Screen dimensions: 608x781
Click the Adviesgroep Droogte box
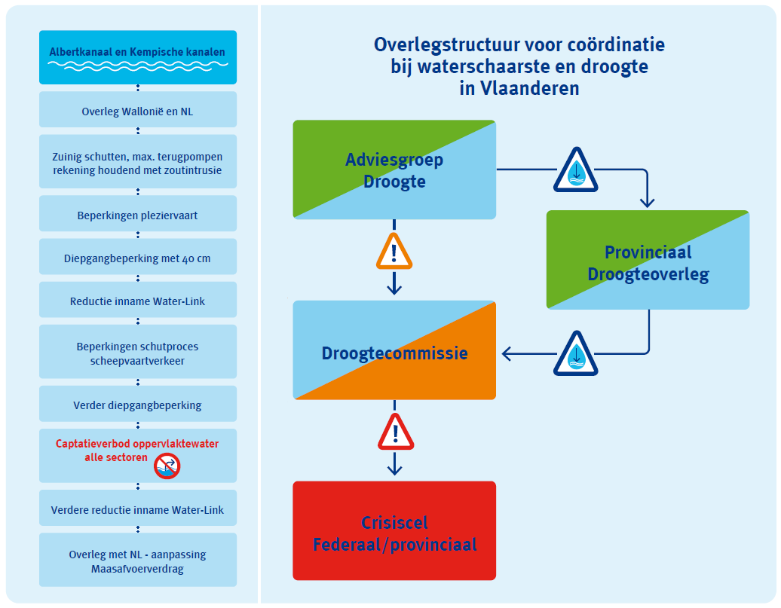point(394,170)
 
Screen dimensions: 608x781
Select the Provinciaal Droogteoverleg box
point(648,261)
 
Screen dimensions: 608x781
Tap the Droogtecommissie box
point(394,351)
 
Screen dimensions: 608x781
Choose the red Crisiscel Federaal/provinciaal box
point(394,532)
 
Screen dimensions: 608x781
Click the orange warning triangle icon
point(394,252)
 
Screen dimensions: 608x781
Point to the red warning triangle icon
point(394,432)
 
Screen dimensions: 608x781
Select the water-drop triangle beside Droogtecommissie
point(576,353)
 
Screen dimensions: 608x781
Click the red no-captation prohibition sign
point(167,466)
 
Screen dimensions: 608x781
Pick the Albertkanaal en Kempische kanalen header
point(137,53)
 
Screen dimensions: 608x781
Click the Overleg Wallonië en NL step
point(137,112)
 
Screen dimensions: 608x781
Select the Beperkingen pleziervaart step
point(137,215)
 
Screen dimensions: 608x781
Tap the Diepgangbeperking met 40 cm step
point(137,258)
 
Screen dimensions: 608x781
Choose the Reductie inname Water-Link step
point(137,301)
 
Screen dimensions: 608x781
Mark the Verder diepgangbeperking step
point(137,405)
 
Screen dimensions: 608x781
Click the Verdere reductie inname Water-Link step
point(137,510)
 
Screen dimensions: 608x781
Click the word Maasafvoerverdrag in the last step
point(137,569)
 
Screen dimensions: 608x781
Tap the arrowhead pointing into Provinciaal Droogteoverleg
point(648,202)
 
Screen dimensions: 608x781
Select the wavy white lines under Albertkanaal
point(137,65)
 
